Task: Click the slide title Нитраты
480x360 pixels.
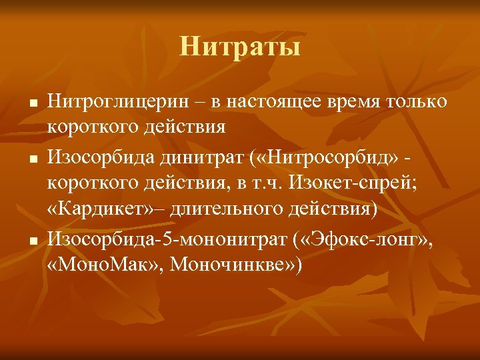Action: coord(240,47)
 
